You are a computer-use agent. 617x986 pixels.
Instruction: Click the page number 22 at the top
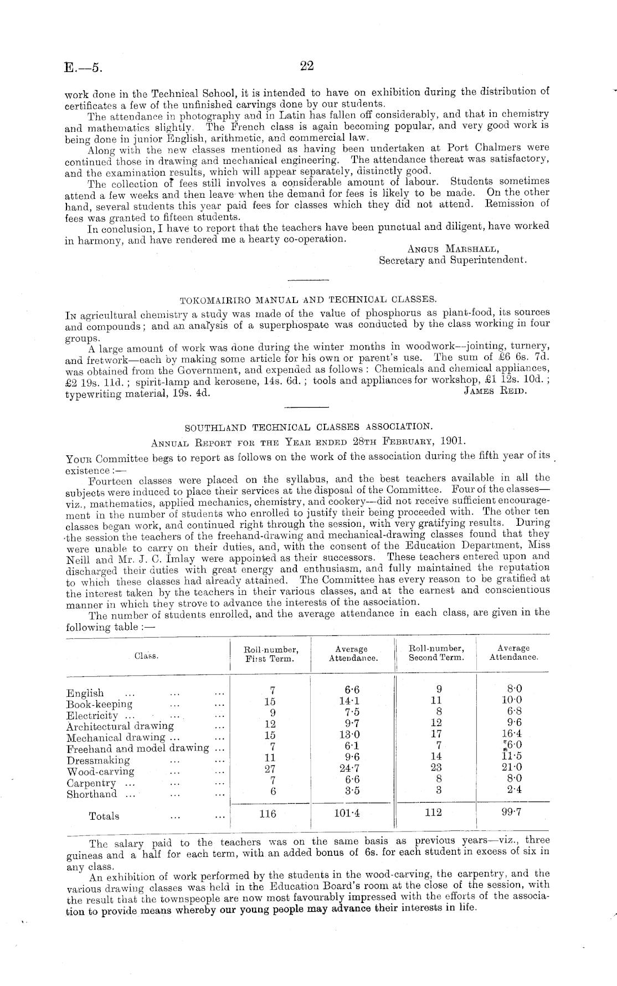coord(307,66)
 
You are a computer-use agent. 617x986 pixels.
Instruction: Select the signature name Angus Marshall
coord(452,249)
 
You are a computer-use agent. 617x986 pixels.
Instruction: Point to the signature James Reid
coord(495,392)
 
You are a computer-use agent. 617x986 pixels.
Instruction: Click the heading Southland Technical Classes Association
coord(307,427)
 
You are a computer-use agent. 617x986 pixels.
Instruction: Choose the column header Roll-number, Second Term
coord(436,653)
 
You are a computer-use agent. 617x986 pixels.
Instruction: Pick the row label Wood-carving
coord(100,772)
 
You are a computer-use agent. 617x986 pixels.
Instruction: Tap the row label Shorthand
coord(92,794)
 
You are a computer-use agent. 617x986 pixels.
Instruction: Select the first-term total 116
coord(268,814)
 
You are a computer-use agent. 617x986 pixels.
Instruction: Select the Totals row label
coord(104,816)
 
